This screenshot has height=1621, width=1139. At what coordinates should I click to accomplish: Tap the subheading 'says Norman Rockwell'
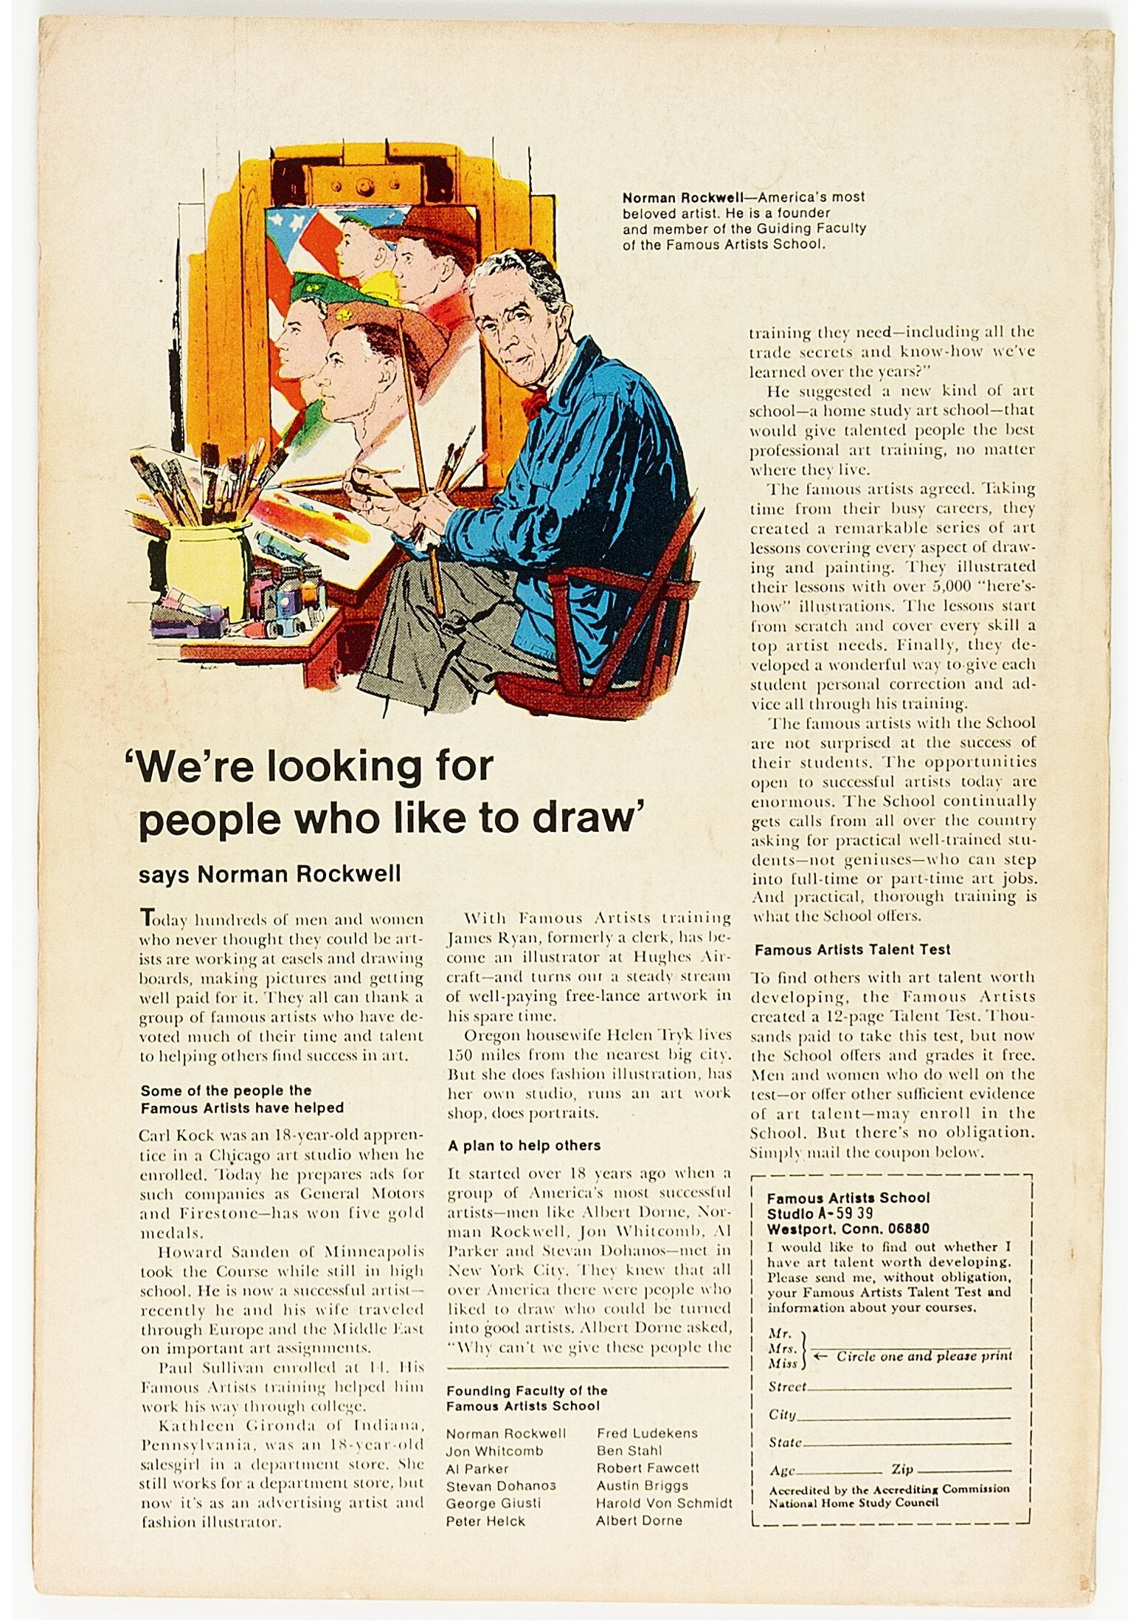tap(269, 874)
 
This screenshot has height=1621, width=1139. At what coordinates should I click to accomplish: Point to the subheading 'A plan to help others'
tap(524, 1146)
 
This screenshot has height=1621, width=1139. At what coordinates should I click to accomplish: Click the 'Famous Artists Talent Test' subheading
tap(852, 949)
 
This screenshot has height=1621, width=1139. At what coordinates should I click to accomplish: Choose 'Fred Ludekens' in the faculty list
tap(647, 1433)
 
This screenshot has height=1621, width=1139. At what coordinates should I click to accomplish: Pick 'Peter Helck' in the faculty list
tap(485, 1521)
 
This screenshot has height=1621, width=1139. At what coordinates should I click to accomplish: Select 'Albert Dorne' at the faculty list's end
tap(639, 1521)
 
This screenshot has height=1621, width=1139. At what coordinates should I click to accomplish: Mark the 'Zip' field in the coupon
tap(952, 1471)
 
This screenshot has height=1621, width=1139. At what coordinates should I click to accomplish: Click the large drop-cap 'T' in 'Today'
tap(147, 918)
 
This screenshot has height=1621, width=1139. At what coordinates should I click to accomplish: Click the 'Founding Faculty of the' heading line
tap(527, 1391)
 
